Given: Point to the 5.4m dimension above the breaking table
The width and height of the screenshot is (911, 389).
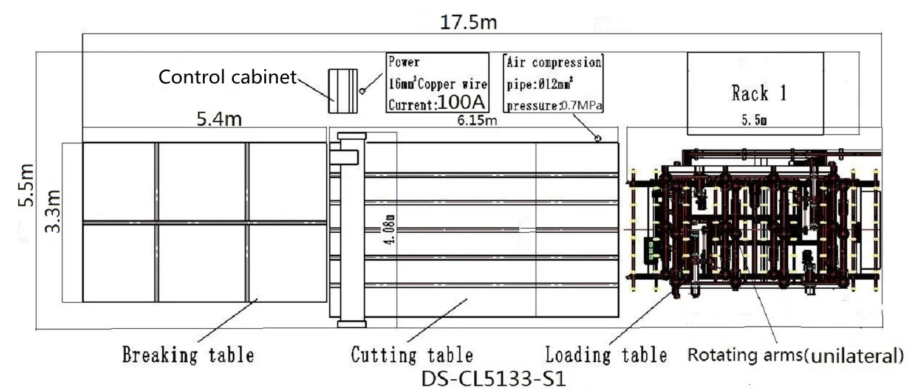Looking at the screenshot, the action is click(x=219, y=119).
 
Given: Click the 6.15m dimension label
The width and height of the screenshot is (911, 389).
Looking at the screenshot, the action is click(x=478, y=120).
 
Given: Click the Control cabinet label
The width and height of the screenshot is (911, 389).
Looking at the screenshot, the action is click(x=227, y=77).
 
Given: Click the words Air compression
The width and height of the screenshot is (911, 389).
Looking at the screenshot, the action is click(x=553, y=62).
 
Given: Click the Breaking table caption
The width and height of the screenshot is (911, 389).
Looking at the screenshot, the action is click(x=188, y=354).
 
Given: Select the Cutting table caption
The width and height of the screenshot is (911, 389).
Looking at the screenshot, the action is click(x=412, y=354).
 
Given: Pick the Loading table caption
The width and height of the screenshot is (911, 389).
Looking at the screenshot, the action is click(x=606, y=354).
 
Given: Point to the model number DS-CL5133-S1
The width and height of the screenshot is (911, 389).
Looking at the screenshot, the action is click(x=493, y=377).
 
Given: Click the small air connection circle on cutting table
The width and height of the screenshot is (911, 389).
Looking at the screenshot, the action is click(x=598, y=139).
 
